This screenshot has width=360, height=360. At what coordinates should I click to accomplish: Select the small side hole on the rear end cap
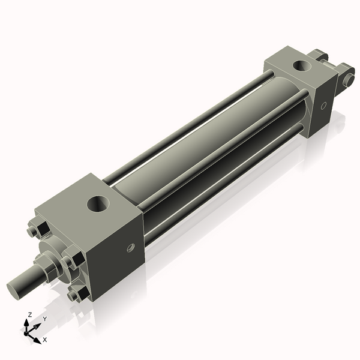323,106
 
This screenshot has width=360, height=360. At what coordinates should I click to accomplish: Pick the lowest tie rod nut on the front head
76,295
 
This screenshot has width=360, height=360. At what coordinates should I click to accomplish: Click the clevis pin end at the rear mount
349,78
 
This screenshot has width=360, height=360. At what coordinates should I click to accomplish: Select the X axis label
44,340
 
